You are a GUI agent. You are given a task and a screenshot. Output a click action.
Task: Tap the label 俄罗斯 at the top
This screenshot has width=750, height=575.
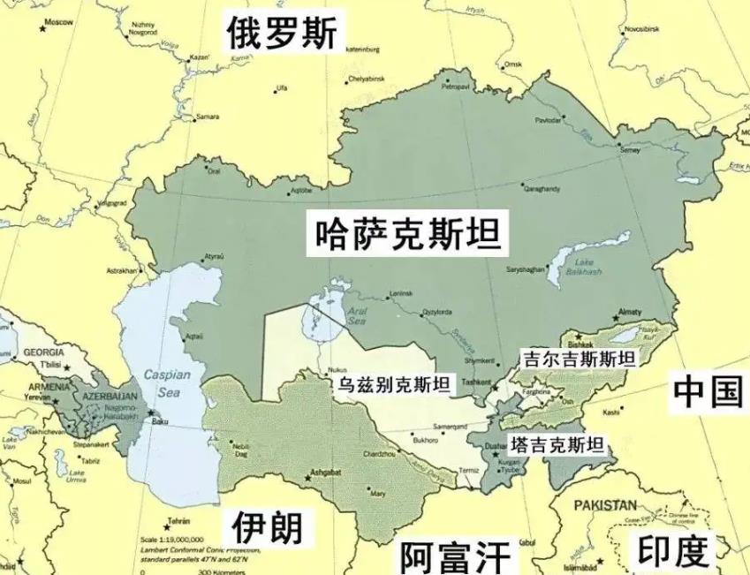point(281,34)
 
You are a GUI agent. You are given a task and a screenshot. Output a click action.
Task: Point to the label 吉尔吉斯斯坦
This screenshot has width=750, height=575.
point(579,359)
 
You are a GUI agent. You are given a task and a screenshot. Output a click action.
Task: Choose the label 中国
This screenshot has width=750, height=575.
point(707,390)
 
